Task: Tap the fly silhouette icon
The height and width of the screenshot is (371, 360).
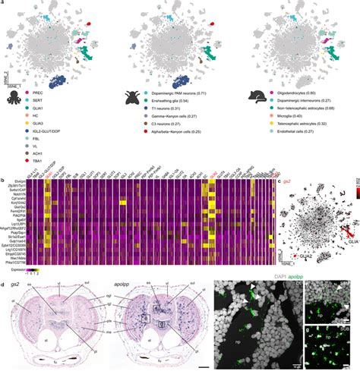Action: pyautogui.click(x=131, y=96)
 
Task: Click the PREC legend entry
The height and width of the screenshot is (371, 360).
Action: pyautogui.click(x=39, y=92)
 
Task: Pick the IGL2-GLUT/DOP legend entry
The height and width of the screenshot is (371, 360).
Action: pyautogui.click(x=51, y=131)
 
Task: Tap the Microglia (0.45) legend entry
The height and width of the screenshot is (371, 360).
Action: pyautogui.click(x=290, y=115)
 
